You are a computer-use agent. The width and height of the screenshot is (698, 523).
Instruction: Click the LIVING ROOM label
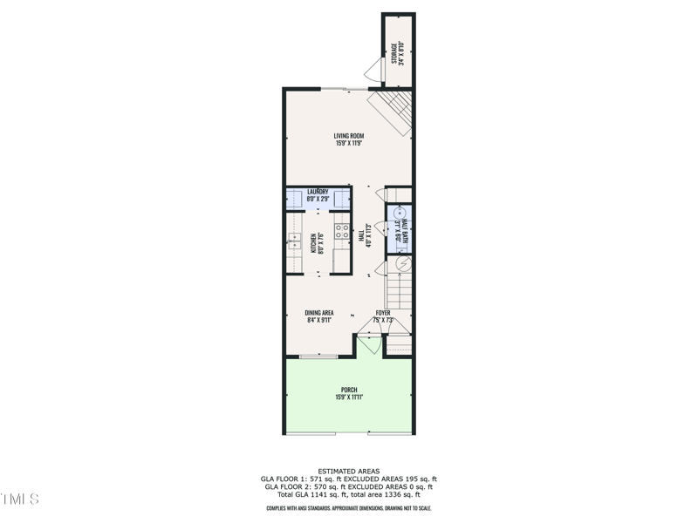tap(348, 135)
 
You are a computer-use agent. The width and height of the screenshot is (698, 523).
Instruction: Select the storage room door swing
tap(373, 71)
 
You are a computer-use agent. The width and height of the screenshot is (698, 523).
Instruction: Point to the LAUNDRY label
tap(317, 192)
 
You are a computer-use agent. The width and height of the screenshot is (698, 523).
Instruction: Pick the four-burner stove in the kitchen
tap(341, 232)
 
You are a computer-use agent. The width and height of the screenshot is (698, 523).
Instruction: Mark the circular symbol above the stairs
tap(402, 262)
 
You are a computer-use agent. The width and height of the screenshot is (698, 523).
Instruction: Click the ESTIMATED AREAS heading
tap(349, 471)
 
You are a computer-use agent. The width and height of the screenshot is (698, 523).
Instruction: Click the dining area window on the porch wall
tap(318, 356)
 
